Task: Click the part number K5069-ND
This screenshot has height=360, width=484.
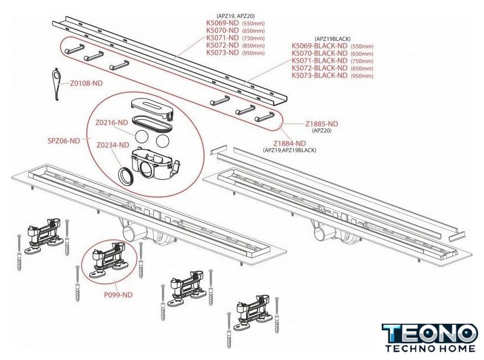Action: [222, 23]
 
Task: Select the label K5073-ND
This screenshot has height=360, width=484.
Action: [222, 52]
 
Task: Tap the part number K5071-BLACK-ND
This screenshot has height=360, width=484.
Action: [319, 61]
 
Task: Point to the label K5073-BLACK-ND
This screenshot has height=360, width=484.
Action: [319, 75]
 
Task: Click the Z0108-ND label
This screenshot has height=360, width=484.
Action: [86, 84]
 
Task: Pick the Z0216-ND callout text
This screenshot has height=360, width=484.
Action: [111, 123]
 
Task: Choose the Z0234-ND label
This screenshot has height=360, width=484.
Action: [113, 145]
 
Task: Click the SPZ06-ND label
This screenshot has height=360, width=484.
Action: [63, 141]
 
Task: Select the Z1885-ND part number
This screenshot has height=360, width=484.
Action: [322, 124]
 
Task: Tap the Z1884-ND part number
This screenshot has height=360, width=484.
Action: [289, 143]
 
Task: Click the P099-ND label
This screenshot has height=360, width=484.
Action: [118, 295]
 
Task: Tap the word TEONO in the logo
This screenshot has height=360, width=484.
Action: [430, 334]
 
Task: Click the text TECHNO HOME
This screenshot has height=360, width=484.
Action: [430, 348]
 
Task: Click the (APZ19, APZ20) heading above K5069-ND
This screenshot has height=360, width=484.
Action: [236, 16]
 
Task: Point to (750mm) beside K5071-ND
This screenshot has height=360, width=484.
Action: [254, 38]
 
